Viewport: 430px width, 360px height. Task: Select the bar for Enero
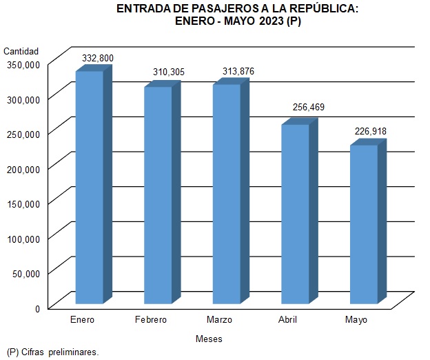pyautogui.click(x=89, y=186)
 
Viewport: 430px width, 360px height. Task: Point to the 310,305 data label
pyautogui.click(x=169, y=72)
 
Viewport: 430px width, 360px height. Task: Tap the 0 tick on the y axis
pyautogui.click(x=39, y=308)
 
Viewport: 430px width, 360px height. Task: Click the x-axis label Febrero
pyautogui.click(x=150, y=321)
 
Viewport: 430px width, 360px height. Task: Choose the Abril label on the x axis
pyautogui.click(x=287, y=321)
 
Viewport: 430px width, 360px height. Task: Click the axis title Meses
pyautogui.click(x=209, y=339)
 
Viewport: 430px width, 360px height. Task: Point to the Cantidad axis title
pyautogui.click(x=21, y=51)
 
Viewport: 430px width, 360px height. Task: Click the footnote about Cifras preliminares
pyautogui.click(x=52, y=352)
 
